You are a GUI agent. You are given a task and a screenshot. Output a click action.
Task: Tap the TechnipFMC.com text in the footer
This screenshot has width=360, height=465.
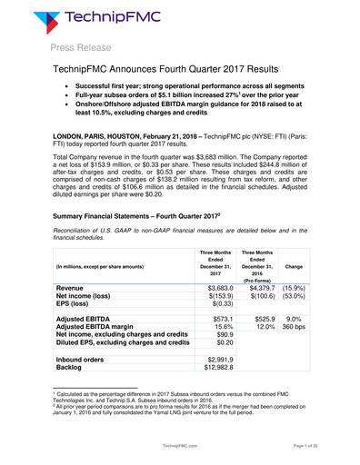[x=179, y=449]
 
